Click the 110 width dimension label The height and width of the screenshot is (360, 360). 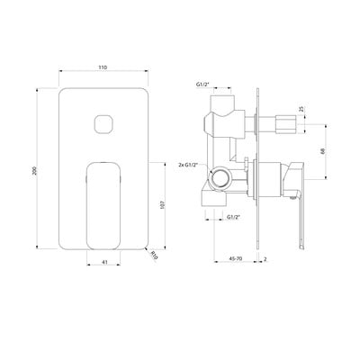103,67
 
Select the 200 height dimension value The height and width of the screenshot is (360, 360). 34,170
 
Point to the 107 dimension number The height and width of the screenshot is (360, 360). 163,204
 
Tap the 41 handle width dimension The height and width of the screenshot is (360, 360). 104,262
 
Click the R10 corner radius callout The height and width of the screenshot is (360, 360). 154,256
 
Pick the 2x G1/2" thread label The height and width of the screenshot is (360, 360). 186,166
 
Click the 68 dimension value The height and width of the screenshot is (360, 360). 323,151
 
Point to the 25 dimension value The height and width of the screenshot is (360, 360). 301,110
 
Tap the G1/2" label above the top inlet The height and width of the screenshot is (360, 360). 202,85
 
